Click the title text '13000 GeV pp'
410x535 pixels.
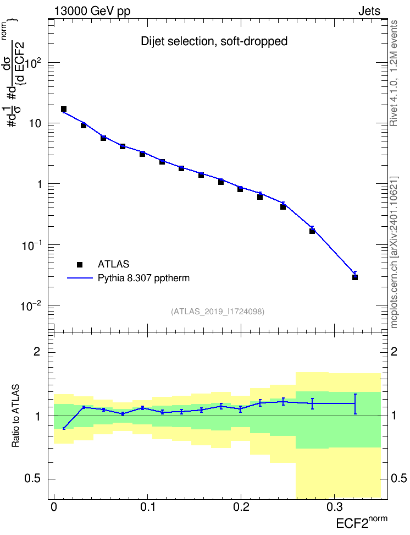[x=92, y=11]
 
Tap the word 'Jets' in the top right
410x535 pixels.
[x=369, y=11]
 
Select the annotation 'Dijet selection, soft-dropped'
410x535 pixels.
[x=214, y=41]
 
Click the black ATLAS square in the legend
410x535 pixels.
[x=80, y=264]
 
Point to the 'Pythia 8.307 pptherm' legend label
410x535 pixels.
[x=143, y=278]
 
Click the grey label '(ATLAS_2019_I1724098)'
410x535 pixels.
[x=218, y=311]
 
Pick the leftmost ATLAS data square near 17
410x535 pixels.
[x=64, y=109]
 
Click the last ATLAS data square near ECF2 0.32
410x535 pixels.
[x=355, y=277]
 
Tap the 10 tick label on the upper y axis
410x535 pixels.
[x=35, y=123]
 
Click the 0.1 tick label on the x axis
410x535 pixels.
[x=147, y=507]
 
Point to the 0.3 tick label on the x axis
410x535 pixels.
[x=335, y=507]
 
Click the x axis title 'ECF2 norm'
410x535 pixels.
[x=362, y=522]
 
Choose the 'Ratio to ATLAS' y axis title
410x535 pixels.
[x=15, y=416]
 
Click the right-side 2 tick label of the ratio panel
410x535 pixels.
[x=394, y=351]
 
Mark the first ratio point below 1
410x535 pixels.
[x=64, y=428]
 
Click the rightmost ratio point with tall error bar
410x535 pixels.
[x=355, y=403]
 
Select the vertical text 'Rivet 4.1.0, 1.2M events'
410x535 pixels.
[x=394, y=73]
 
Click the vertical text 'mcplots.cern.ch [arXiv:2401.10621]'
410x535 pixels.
[x=394, y=252]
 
